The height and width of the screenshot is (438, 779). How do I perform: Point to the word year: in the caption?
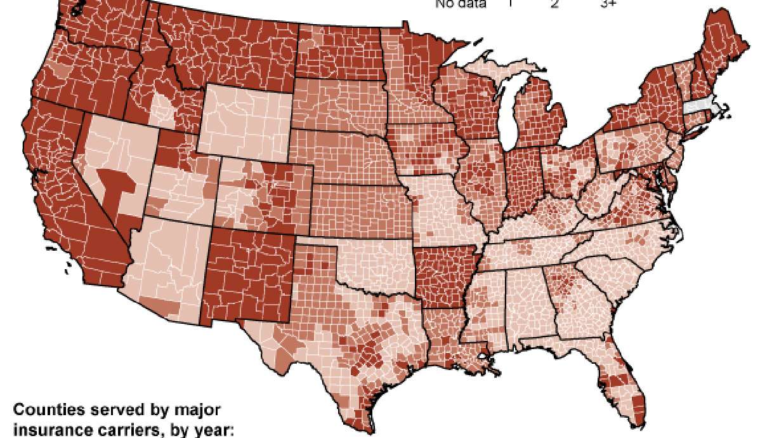[214, 430]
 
